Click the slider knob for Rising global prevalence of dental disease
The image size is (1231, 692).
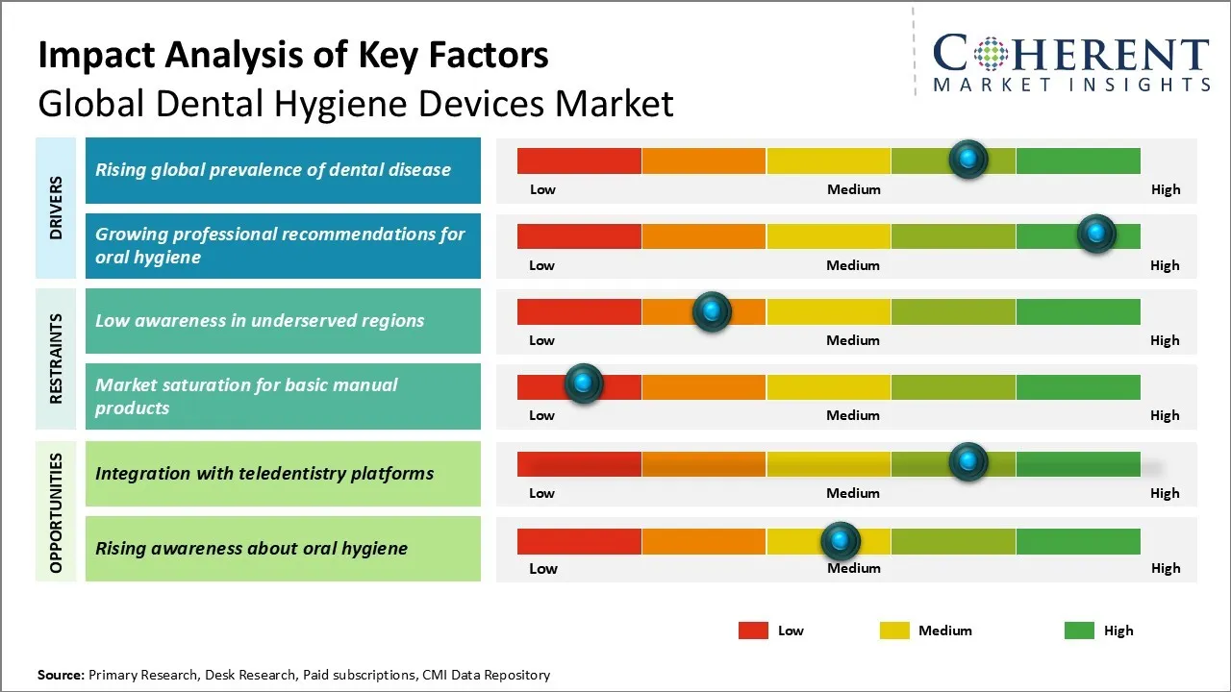point(968,159)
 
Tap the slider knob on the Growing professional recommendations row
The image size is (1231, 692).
point(1095,234)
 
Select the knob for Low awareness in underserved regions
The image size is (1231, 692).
point(712,310)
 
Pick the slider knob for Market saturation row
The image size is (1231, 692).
point(583,383)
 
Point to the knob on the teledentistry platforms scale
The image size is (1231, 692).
point(968,461)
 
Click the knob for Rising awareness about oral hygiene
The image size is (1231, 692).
point(841,541)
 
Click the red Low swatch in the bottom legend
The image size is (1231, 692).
point(753,630)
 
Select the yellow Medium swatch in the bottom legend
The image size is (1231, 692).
point(894,630)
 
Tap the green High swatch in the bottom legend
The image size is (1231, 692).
point(1079,630)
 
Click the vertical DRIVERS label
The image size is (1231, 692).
point(56,208)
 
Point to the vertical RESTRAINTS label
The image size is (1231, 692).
point(56,358)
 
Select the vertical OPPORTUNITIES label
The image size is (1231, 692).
point(56,513)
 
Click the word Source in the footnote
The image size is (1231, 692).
point(61,675)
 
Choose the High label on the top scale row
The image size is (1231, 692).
point(1165,189)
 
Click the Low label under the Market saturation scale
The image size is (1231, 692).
point(541,415)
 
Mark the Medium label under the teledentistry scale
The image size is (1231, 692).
point(853,493)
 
